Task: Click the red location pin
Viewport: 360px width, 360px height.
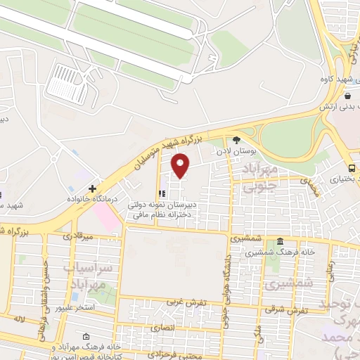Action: (181, 166)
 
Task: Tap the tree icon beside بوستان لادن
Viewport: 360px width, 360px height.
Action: (236, 140)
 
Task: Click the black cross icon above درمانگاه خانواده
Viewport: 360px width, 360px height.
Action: (92, 188)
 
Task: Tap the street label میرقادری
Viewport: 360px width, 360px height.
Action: (77, 236)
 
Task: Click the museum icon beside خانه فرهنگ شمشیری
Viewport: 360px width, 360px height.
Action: (281, 241)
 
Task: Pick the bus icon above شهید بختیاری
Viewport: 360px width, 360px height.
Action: (352, 168)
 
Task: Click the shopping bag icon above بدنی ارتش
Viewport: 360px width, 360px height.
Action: (348, 96)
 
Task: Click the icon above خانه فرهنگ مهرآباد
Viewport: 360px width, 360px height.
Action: (86, 337)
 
